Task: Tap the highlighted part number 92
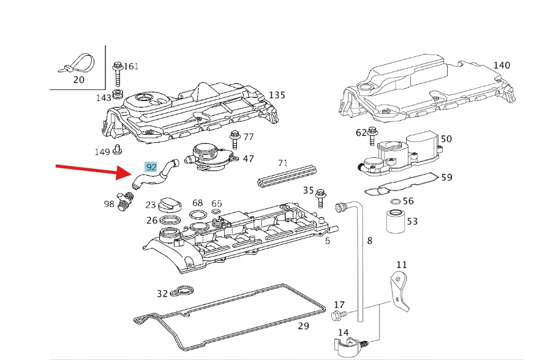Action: coord(151,167)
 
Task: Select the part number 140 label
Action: coord(501,66)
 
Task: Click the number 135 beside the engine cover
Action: coord(277,96)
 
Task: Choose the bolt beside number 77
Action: coord(235,141)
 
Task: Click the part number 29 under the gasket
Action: coord(303,326)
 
